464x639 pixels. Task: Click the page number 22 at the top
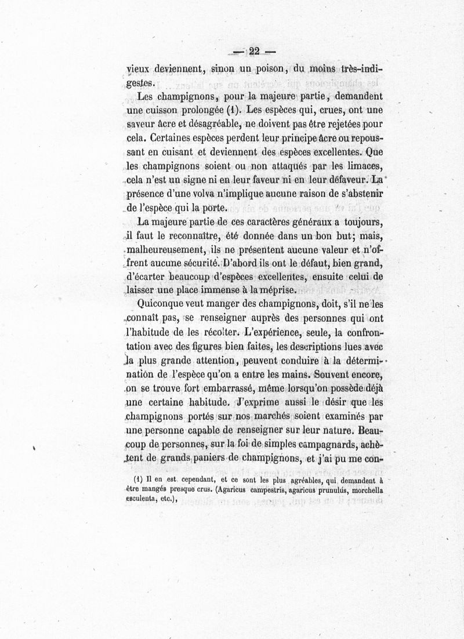pos(252,50)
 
